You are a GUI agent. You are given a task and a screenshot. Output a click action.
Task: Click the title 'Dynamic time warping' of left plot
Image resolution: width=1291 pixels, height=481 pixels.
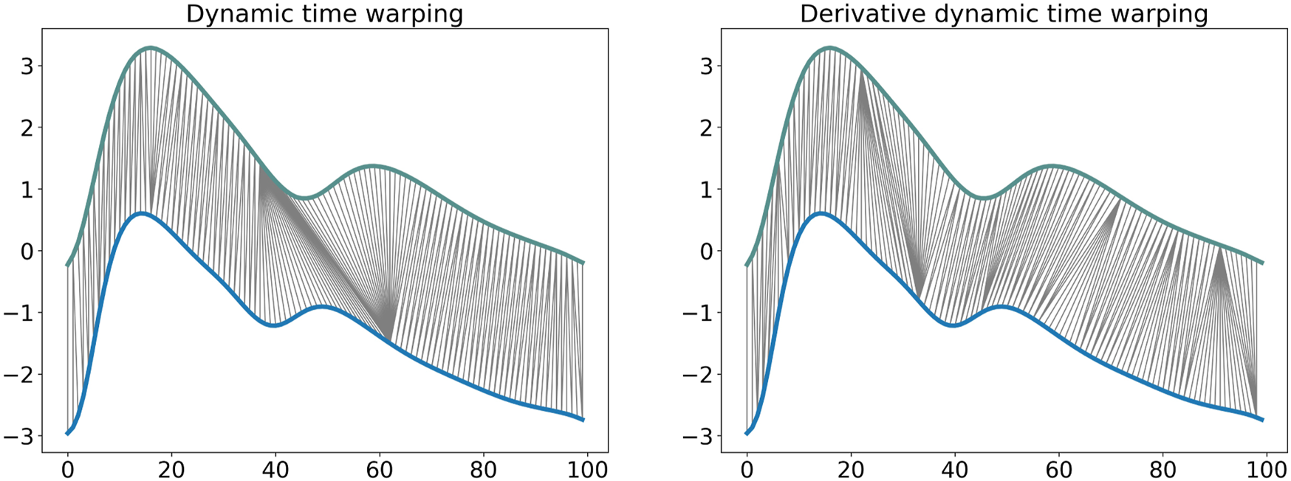324,14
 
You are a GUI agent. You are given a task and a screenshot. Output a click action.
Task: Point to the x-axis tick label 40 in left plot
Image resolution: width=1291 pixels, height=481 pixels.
275,469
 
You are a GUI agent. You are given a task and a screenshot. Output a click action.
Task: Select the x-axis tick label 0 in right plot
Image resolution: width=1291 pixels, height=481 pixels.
747,469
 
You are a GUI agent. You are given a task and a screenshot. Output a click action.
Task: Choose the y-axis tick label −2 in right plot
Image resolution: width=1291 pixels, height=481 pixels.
698,375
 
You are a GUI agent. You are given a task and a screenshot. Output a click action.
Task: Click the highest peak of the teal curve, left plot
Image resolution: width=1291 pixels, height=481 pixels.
150,47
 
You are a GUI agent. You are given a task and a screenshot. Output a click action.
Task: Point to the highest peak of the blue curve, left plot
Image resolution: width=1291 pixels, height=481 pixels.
140,213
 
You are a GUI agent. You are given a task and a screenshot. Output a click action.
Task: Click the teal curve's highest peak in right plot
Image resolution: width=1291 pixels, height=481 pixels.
829,47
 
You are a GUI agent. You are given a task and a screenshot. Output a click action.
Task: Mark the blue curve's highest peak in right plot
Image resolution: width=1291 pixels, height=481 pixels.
820,213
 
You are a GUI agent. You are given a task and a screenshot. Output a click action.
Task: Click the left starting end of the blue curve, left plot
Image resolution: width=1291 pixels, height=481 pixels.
67,433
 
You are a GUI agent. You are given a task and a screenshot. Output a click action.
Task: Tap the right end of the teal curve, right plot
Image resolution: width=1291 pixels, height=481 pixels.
1262,263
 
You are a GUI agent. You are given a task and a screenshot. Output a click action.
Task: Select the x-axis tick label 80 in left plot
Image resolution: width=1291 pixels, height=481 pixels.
483,469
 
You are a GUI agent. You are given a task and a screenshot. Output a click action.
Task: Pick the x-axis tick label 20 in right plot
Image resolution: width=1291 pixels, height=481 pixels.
851,469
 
